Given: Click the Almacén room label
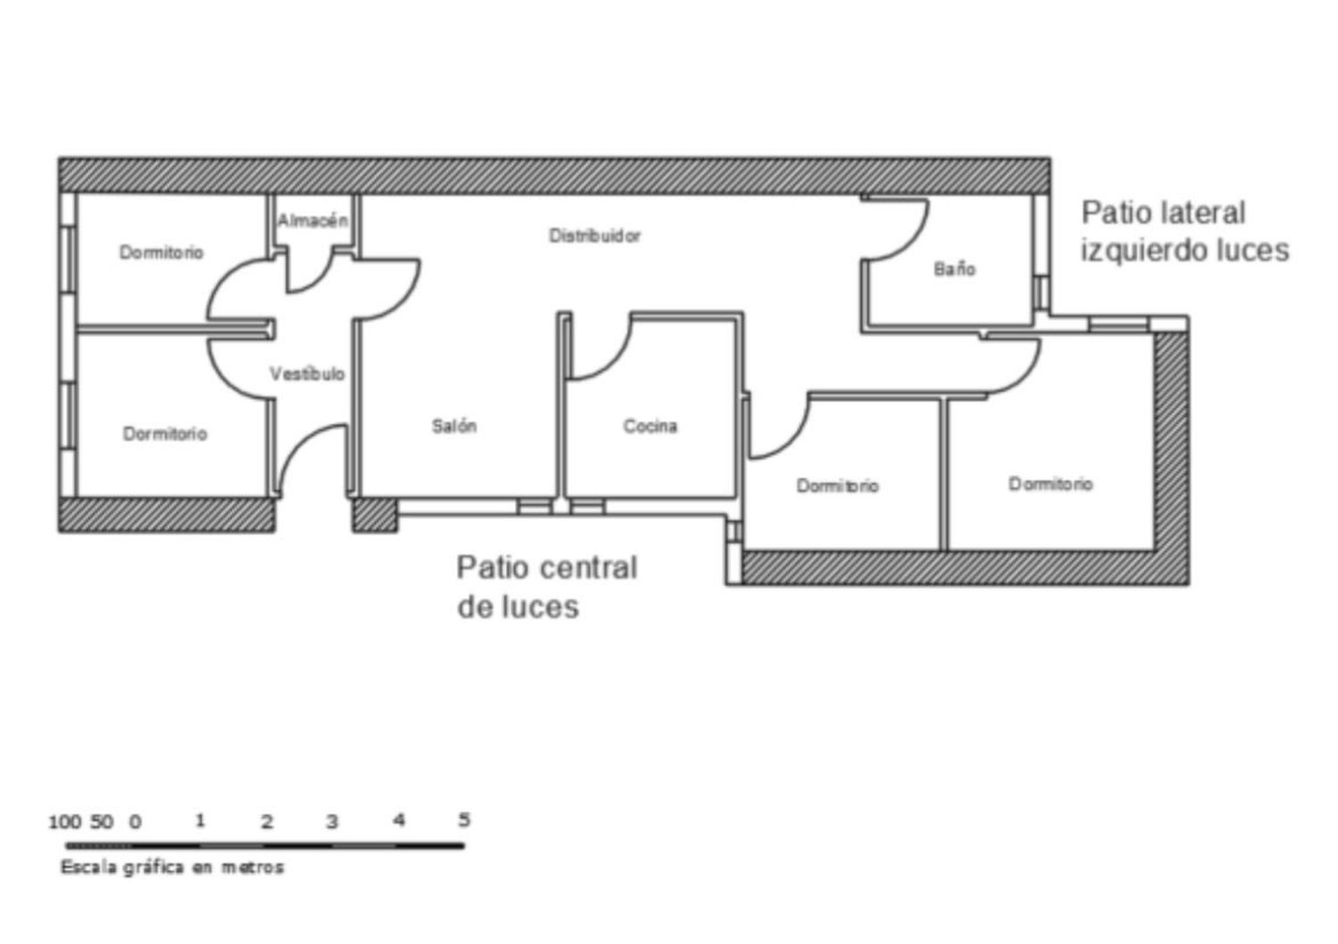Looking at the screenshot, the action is tap(312, 221).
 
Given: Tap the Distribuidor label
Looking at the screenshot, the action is tap(595, 236).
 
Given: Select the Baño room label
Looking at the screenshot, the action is tap(954, 269).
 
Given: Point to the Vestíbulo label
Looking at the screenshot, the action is tap(307, 374).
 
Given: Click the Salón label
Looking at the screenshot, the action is tap(454, 426).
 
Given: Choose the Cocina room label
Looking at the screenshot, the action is tap(650, 426).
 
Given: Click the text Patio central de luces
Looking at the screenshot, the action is tap(547, 587).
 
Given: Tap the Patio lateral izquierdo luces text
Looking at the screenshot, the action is tap(1185, 232).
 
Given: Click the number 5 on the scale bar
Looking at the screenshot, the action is tap(464, 820).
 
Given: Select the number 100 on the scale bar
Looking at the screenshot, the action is tap(64, 822).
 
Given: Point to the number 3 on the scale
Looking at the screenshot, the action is tap(332, 822).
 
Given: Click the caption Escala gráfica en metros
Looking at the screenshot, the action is tap(172, 867).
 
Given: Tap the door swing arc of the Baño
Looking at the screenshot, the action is tap(911, 239).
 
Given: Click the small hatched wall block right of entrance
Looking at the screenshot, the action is tap(375, 515).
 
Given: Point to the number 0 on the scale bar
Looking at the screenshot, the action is tap(136, 822).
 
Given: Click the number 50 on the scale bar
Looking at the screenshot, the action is tap(102, 822).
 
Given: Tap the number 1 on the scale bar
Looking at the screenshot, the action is tap(200, 820).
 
